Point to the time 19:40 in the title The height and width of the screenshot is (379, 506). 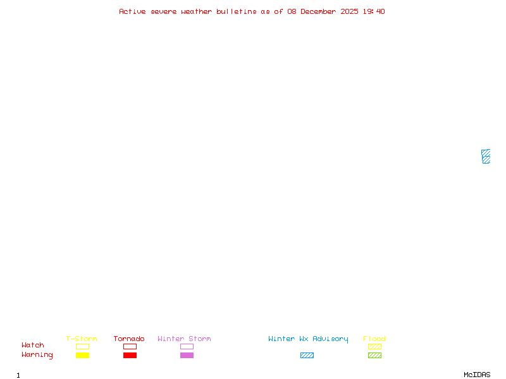[374, 11]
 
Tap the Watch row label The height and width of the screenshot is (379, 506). [33, 346]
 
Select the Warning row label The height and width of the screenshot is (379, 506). [37, 355]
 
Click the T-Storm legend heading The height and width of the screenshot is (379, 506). [82, 339]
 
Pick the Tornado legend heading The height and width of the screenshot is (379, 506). [129, 339]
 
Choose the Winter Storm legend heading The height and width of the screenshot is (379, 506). [184, 339]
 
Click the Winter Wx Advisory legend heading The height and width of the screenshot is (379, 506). [308, 339]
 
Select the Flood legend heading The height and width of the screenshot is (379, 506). [374, 339]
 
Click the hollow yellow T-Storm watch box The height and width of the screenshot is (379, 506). [82, 346]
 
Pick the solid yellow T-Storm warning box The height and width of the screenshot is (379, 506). [82, 355]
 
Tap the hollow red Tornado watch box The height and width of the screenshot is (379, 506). [130, 346]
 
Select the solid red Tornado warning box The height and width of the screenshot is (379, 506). [130, 355]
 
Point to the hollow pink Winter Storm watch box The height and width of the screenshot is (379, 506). [187, 346]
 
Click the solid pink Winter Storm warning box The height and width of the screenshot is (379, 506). [187, 355]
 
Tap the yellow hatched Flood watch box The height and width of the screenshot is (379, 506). [374, 346]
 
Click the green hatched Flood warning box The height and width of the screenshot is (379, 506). [374, 355]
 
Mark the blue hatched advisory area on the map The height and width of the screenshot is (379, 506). [486, 157]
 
